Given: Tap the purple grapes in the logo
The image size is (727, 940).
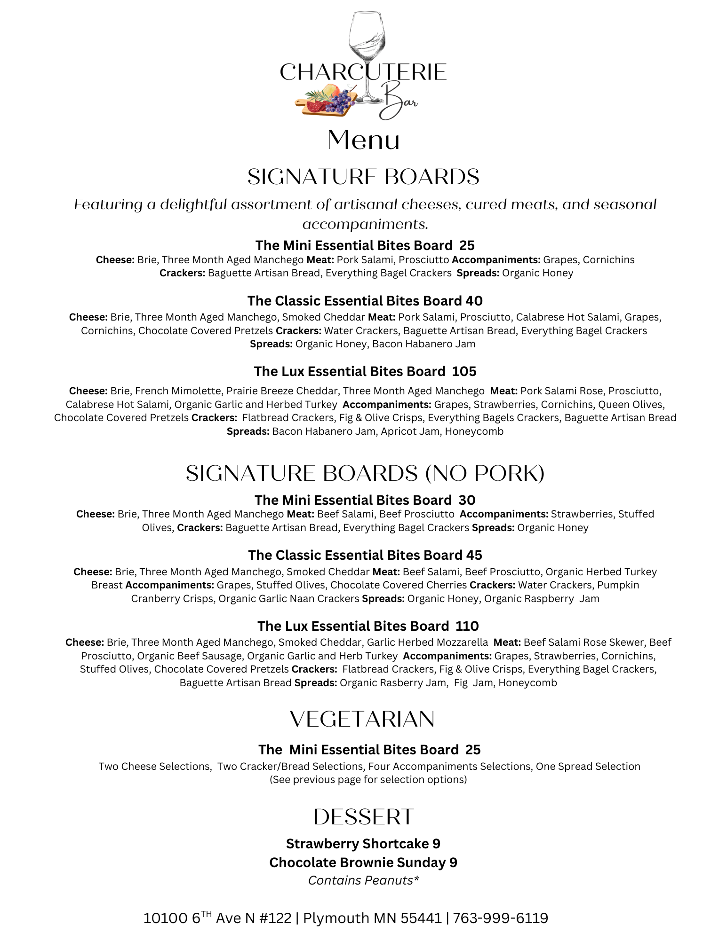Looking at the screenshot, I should [343, 100].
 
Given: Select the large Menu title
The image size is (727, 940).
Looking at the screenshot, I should [363, 140].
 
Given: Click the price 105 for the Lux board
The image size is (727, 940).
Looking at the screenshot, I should [464, 371].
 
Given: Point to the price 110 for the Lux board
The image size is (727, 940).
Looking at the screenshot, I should [467, 626].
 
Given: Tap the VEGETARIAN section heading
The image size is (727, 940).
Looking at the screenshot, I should [362, 720].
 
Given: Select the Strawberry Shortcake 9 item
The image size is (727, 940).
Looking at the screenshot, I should [363, 844].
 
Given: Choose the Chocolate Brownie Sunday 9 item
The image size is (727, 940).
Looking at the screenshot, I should [363, 862].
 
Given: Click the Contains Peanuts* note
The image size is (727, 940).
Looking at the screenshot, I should [363, 880].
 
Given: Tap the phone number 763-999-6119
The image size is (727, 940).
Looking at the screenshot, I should [500, 918].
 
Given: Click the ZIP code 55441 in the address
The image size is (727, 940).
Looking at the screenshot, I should [421, 918].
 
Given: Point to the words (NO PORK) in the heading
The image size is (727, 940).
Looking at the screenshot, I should [485, 473].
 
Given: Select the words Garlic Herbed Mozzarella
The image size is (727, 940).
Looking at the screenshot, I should [427, 642].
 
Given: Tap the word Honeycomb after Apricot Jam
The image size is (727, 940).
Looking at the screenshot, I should [474, 431].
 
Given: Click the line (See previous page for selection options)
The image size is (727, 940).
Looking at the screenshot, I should [368, 780].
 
